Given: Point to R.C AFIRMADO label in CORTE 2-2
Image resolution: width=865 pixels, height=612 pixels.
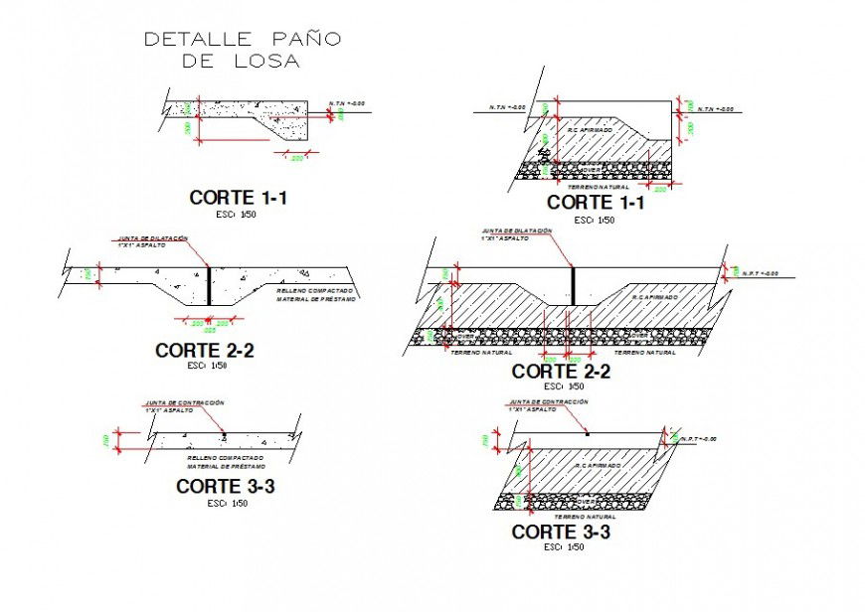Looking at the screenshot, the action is [656, 296].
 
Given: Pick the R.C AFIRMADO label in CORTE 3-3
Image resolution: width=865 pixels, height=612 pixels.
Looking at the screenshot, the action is [599, 465].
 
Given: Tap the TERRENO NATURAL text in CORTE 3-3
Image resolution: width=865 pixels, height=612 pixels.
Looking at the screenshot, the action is [585, 517].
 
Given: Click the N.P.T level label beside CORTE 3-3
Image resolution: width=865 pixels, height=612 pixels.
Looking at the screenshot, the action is [699, 438].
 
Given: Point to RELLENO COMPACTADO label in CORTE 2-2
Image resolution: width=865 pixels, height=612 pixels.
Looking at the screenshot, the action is [311, 290].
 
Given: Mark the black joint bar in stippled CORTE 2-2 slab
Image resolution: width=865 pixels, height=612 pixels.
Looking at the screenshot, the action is [210, 287].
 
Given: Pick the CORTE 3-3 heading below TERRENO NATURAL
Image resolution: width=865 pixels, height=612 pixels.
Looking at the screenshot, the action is [560, 533].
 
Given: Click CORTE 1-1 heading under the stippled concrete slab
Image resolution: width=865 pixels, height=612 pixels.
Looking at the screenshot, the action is [239, 198].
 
